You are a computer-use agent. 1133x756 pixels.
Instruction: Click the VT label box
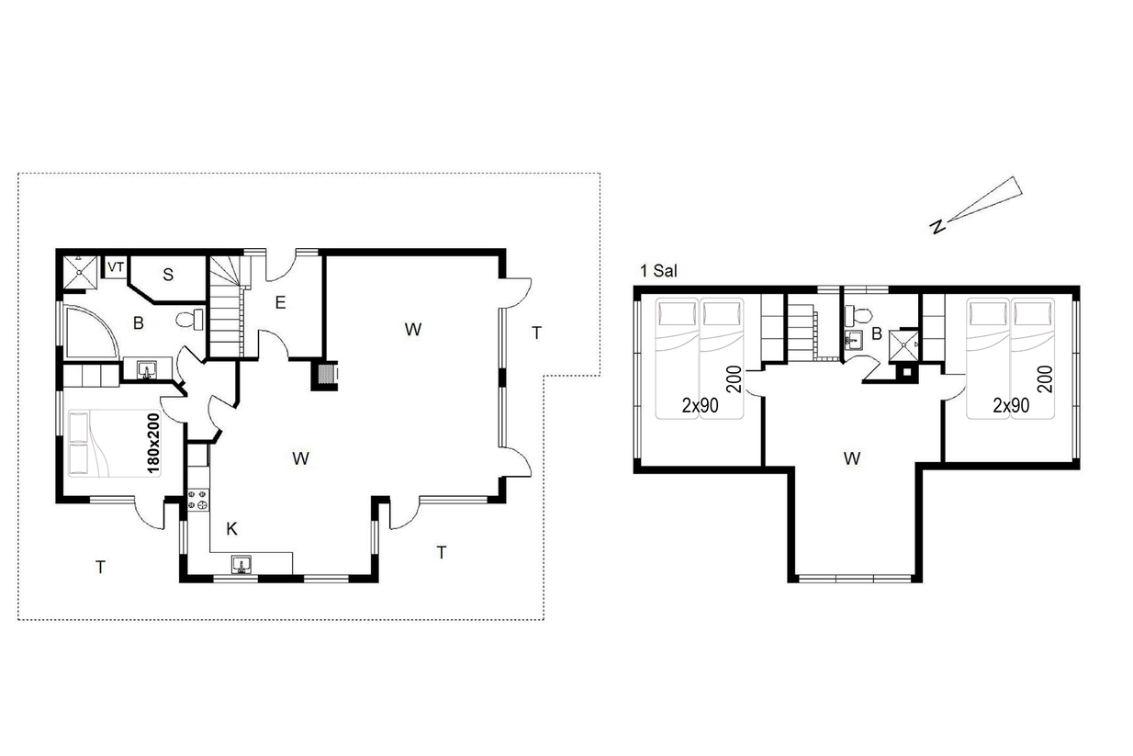tap(116, 266)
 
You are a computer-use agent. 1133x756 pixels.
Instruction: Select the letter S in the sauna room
tap(168, 275)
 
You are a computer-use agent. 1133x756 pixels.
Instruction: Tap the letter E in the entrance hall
tap(280, 302)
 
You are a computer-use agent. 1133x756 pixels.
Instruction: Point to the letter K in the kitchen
tap(231, 529)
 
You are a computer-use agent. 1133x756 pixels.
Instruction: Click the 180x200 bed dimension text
tap(152, 444)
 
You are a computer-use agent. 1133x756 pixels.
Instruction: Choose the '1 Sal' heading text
tap(658, 271)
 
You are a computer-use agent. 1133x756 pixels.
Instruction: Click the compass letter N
tap(937, 227)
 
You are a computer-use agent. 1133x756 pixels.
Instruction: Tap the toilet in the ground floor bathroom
tap(190, 320)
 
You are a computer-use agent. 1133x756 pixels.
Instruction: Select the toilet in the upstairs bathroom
tap(858, 315)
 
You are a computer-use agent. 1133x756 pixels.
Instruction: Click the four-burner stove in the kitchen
tap(198, 500)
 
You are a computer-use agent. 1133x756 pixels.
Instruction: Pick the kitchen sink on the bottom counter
tap(241, 564)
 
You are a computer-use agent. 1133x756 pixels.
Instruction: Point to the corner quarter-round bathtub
tap(91, 331)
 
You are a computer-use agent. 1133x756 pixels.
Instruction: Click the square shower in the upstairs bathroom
tap(903, 345)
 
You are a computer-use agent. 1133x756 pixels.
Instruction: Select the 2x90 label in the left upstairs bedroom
tap(700, 405)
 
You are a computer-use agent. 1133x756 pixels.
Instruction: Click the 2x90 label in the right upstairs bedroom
tap(1011, 405)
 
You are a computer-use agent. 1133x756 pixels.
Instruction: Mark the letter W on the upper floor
tap(852, 458)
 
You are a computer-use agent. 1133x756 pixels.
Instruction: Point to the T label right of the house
tap(536, 333)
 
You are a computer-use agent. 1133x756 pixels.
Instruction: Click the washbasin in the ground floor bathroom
tap(148, 369)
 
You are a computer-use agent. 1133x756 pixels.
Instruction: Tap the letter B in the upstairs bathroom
tap(877, 333)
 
